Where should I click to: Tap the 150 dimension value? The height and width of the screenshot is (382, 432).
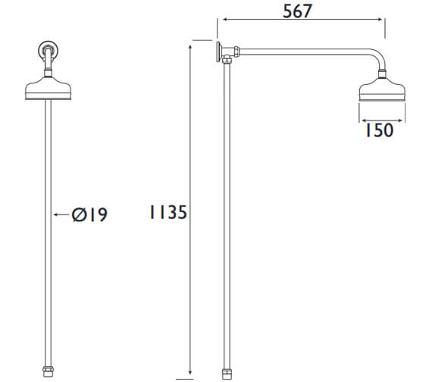pyautogui.click(x=377, y=130)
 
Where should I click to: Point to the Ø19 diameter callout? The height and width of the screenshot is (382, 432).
pyautogui.click(x=89, y=215)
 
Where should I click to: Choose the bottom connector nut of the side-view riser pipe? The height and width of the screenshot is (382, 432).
pyautogui.click(x=227, y=371)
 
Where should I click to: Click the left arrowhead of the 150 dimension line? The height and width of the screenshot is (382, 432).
pyautogui.click(x=361, y=119)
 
